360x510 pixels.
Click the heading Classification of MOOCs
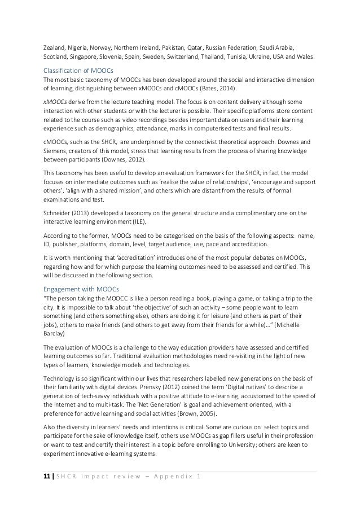[78, 70]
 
